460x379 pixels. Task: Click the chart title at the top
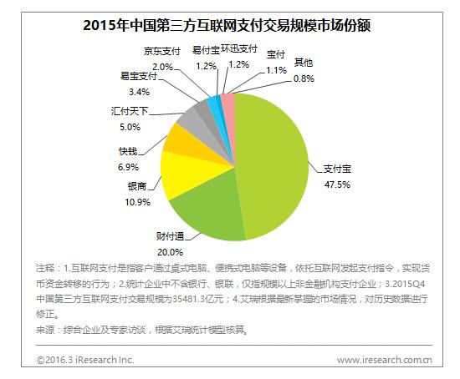click(228, 24)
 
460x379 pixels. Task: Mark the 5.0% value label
click(130, 127)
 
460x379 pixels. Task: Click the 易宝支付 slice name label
click(141, 77)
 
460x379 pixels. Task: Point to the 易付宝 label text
click(206, 51)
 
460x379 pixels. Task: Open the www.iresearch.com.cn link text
click(384, 360)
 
